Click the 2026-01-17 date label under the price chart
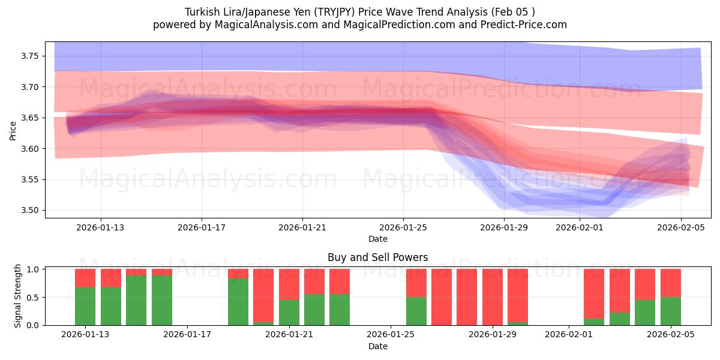pyautogui.click(x=201, y=227)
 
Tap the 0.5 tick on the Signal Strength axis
pyautogui.click(x=33, y=297)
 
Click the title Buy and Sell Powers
pyautogui.click(x=377, y=257)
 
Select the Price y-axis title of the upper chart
pyautogui.click(x=13, y=130)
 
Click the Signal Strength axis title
pyautogui.click(x=18, y=296)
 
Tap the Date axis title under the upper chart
pyautogui.click(x=377, y=239)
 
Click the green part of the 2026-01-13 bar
pyautogui.click(x=85, y=306)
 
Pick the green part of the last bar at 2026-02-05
pyautogui.click(x=671, y=311)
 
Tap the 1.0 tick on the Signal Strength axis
pyautogui.click(x=33, y=269)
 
